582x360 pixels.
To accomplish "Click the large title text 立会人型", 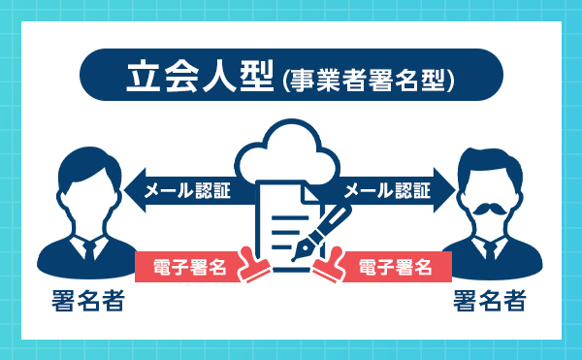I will coord(200,79).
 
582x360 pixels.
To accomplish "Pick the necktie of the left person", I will coord(88,250).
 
